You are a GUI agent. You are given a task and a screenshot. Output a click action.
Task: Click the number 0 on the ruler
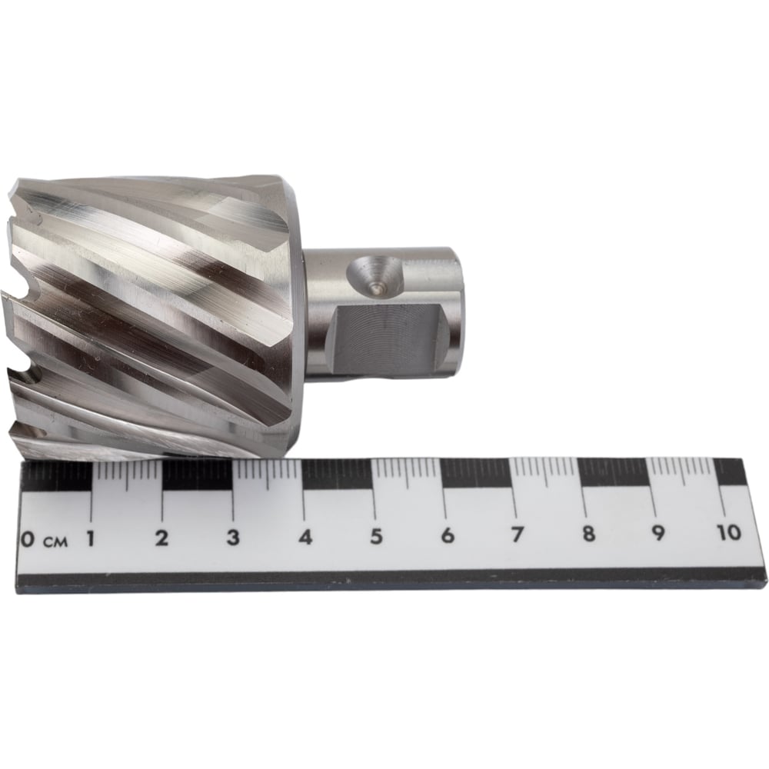coord(28,540)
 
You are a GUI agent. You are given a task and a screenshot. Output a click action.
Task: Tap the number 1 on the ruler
coord(91,538)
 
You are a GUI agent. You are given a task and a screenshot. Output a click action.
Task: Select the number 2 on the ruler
coord(161,538)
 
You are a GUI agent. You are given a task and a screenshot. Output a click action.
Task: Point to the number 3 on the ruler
coord(233,538)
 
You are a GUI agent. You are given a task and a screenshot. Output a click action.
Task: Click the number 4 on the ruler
coord(305,537)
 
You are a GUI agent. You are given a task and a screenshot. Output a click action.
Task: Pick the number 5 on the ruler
coord(376,536)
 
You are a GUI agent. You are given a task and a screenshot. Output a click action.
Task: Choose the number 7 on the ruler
coord(517,534)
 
